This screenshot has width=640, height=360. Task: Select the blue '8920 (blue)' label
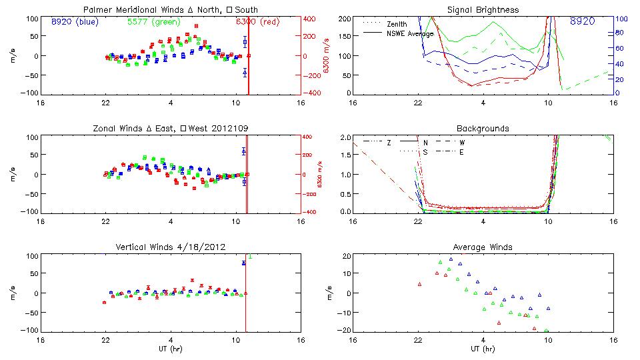coord(75,21)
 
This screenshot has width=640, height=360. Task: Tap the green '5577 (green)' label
coord(153,21)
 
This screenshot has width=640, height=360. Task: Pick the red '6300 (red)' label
coord(258,21)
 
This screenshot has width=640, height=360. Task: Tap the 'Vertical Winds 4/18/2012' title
coord(171,247)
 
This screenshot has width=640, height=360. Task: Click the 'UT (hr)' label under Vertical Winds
coord(171,349)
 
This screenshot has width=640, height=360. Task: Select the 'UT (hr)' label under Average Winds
coord(483,349)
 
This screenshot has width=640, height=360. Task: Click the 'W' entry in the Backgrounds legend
coord(462,142)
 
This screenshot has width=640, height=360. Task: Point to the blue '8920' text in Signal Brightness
coord(583,21)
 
